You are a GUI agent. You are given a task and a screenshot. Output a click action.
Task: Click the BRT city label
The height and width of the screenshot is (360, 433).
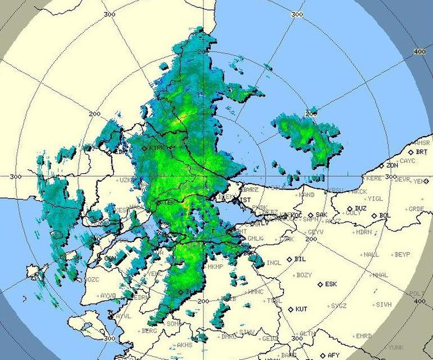click(422, 152)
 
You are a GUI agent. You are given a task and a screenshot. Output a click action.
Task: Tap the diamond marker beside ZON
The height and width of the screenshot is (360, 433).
click(381, 166)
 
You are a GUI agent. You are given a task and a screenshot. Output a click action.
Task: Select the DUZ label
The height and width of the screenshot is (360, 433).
click(360, 208)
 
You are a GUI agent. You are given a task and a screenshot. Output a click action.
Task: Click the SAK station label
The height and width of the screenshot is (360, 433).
click(321, 215)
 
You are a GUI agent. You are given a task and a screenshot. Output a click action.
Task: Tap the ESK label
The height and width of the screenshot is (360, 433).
click(331, 284)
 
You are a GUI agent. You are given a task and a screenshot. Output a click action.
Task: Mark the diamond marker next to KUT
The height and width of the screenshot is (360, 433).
click(290, 309)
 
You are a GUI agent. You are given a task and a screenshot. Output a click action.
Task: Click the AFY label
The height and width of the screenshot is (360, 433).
click(334, 355)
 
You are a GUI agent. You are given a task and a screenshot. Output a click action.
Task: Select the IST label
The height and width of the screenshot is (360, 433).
click(246, 200)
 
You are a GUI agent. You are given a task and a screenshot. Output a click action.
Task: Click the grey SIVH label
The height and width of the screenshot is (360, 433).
click(384, 304)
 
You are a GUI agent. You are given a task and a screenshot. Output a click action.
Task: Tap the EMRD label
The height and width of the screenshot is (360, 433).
click(364, 336)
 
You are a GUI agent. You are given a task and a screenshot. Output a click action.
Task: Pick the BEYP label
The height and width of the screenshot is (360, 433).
click(403, 254)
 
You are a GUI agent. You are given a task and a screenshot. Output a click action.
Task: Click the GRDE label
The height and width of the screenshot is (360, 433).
click(416, 209)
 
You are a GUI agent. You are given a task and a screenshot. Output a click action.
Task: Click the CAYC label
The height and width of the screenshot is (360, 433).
click(407, 161)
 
